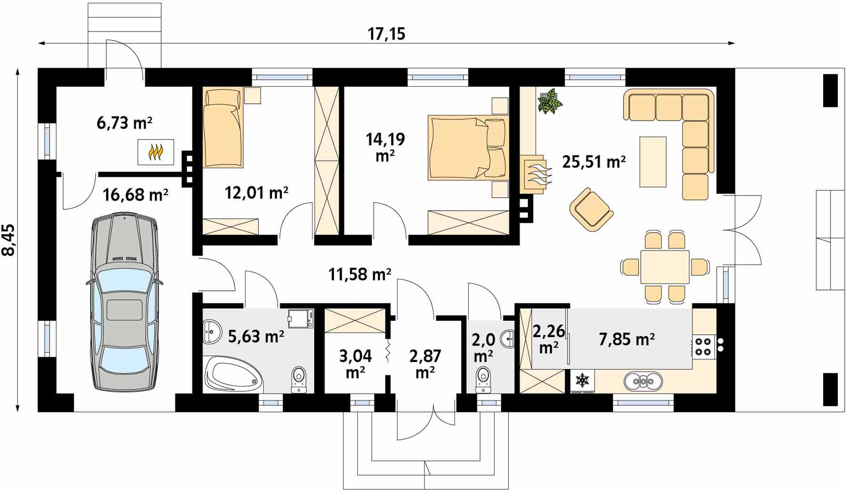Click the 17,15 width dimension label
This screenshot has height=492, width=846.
coord(386,34)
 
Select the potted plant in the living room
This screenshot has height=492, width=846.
coord(549,101)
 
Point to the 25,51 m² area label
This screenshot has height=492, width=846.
coord(594,162)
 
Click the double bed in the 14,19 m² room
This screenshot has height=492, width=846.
coord(467,147)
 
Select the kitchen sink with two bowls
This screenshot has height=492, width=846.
coord(643,380)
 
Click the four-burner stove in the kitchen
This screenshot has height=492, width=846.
coord(703,347)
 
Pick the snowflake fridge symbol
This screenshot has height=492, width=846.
coord(582,380)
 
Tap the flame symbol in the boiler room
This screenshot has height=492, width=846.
coord(156,152)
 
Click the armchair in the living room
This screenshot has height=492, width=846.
coord(591,210)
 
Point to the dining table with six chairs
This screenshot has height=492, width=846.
coord(665,266)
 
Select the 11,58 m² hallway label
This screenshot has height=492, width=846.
coord(360,274)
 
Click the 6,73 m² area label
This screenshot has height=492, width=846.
coord(124,123)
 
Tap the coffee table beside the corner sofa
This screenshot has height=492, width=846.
coord(653,162)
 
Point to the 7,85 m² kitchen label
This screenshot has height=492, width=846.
coord(626,339)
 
